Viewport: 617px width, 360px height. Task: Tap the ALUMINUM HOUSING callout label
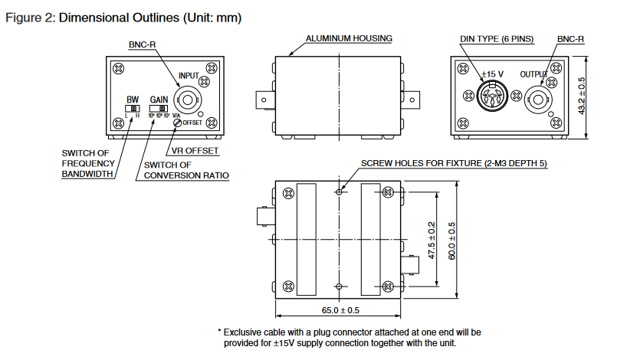point(349,38)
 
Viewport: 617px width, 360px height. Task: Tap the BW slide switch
point(133,109)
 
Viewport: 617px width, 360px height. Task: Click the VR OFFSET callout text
point(192,151)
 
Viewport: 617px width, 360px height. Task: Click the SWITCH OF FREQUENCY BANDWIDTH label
point(88,163)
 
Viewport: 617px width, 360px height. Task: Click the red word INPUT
point(189,76)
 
